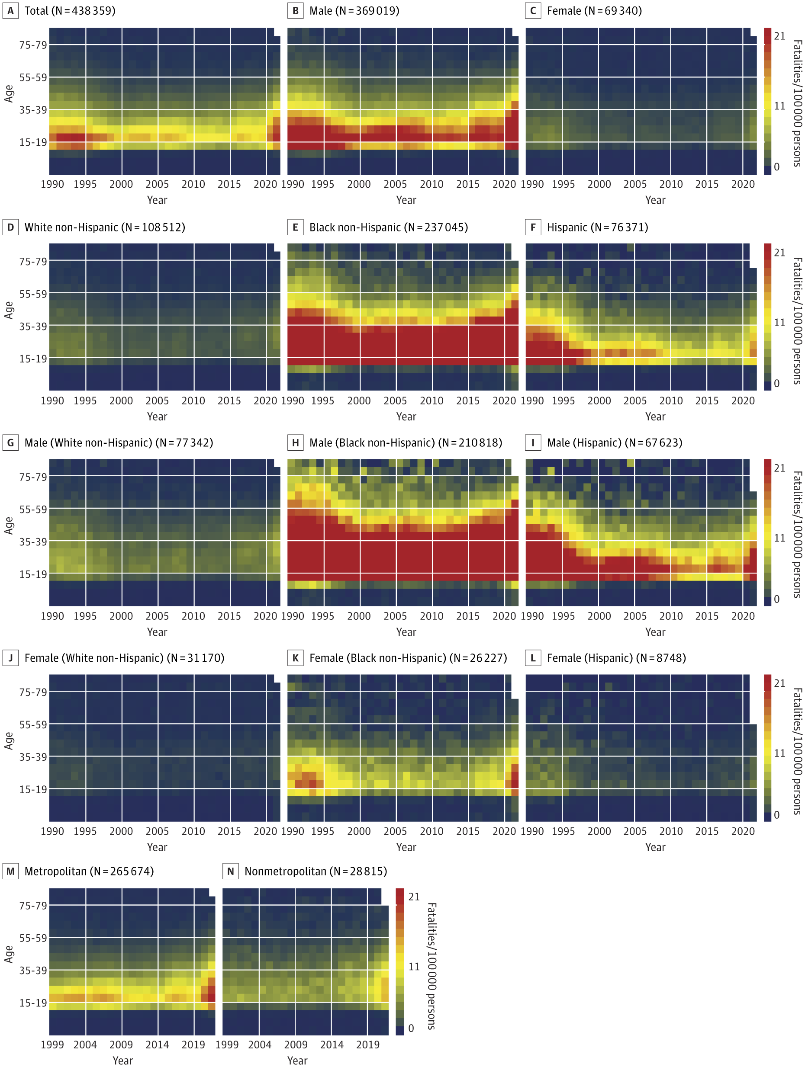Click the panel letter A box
pos(10,11)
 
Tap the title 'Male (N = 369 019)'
pos(354,11)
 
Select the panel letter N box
pos(230,871)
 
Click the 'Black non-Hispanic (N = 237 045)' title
pos(389,227)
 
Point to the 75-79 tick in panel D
pos(33,261)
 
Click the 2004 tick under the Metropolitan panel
pos(85,1045)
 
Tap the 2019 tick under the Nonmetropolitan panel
pos(368,1045)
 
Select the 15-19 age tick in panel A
pos(33,142)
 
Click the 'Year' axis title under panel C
pos(655,200)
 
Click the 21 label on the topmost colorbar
pos(779,36)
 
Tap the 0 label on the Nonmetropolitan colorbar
pos(411,1028)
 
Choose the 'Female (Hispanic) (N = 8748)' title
pos(616,658)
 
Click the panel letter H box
pos(295,443)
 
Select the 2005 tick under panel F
pos(634,401)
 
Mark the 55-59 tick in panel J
pos(33,724)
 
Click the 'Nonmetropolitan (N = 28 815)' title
pos(316,871)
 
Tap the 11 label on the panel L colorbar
pos(779,753)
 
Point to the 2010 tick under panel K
pos(431,831)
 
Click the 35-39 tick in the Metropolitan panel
pos(33,970)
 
